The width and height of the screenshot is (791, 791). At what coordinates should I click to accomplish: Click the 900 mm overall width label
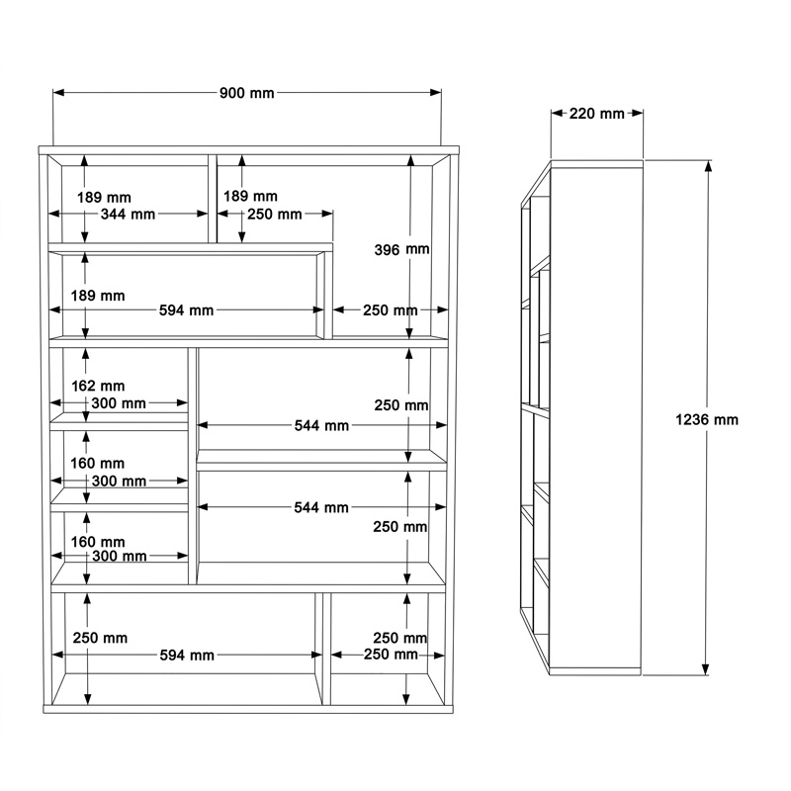click(246, 93)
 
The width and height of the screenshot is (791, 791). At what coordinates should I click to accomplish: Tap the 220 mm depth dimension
click(597, 114)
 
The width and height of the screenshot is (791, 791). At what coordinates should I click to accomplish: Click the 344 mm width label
click(129, 214)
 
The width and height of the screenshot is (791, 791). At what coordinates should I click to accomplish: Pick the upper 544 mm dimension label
click(322, 425)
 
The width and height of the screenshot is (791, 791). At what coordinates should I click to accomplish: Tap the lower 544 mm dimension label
click(322, 507)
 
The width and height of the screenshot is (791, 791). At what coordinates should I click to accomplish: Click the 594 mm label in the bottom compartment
click(187, 655)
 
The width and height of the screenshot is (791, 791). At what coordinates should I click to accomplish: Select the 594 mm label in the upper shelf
click(187, 310)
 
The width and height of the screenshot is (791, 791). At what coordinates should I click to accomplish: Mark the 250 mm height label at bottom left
click(100, 638)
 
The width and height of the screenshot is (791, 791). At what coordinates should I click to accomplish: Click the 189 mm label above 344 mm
click(105, 197)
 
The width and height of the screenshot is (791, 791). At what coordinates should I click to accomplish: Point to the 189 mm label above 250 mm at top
click(249, 197)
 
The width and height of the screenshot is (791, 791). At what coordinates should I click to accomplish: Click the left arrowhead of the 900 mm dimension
click(57, 93)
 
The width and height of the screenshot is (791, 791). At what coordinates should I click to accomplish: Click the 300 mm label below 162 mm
click(119, 403)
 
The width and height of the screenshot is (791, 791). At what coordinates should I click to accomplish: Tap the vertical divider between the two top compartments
click(213, 198)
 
